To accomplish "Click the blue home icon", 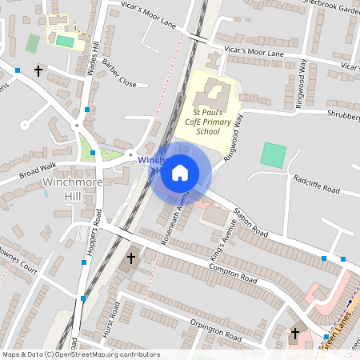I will coord(180,172).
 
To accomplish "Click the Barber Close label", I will coord(120,78).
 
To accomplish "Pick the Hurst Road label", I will coord(108,323).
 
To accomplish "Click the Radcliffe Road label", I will coord(316,189).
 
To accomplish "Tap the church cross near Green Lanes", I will coord(295,333).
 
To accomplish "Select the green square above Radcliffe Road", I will coord(273,154).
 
